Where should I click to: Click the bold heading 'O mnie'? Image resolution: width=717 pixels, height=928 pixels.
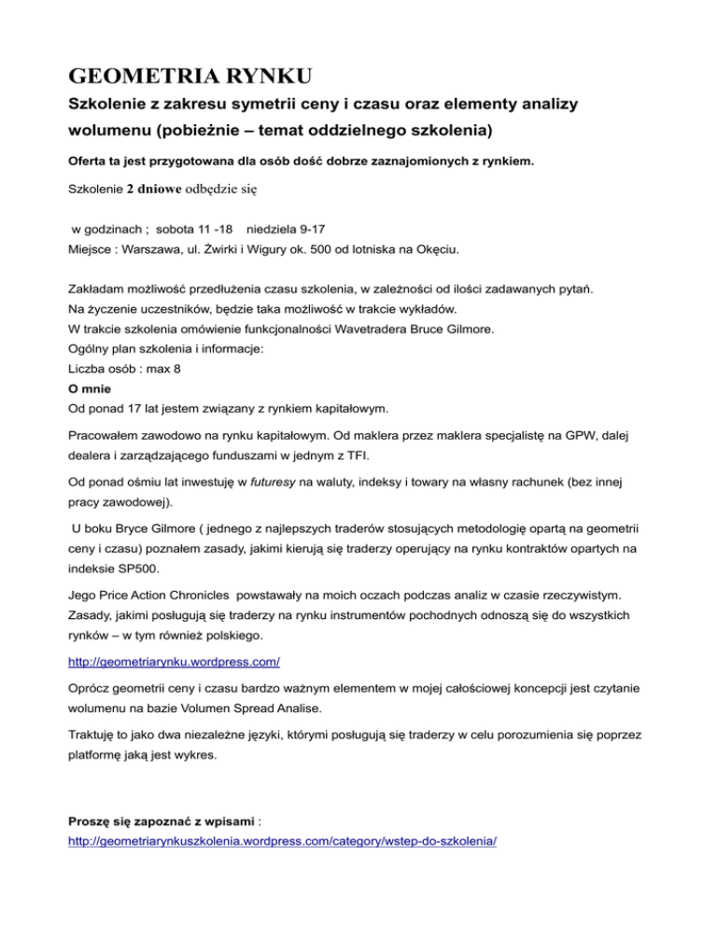pos(91,415)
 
